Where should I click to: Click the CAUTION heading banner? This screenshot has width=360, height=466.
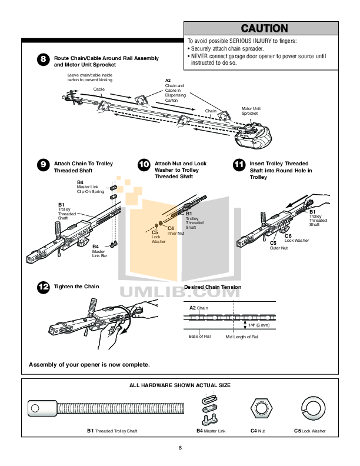[264, 28]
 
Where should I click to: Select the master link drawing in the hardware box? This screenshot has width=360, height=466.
[209, 410]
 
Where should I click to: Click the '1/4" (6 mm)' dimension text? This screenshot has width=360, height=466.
[258, 325]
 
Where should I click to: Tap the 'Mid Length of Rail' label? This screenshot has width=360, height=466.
[242, 337]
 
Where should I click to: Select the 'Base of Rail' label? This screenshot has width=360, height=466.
[199, 336]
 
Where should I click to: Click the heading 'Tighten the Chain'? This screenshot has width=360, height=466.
[76, 287]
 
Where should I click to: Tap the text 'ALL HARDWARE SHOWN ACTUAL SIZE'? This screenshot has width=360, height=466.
[180, 385]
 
